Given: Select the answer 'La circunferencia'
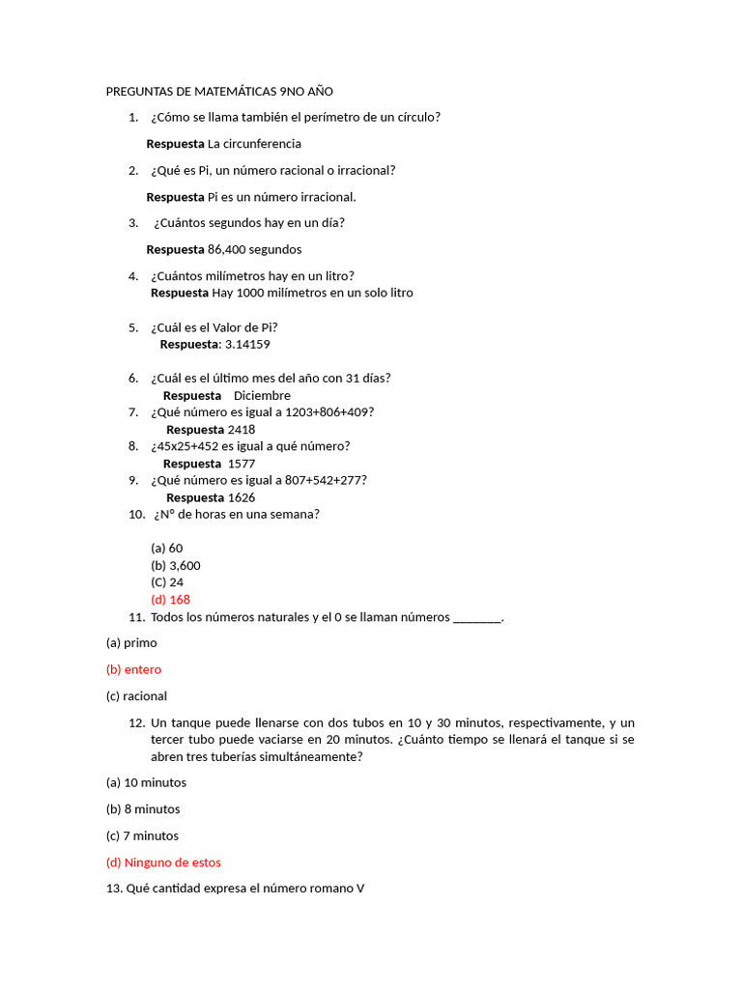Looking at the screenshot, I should click(x=254, y=144).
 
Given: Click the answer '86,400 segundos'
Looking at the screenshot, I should click(x=254, y=249).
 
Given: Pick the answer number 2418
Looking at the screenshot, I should click(x=242, y=430).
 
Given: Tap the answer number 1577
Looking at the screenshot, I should click(x=242, y=464).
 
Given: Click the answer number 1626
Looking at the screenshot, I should click(x=242, y=497).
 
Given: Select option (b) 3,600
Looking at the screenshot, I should click(x=176, y=565).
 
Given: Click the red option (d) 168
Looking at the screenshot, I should click(x=170, y=599).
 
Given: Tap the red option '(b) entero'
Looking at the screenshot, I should click(x=133, y=669).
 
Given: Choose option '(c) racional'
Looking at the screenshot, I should click(x=136, y=695).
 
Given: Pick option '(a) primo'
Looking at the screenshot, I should click(x=130, y=642).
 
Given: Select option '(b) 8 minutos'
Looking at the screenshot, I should click(x=143, y=809).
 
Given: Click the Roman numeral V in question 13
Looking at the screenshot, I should click(x=360, y=889).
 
